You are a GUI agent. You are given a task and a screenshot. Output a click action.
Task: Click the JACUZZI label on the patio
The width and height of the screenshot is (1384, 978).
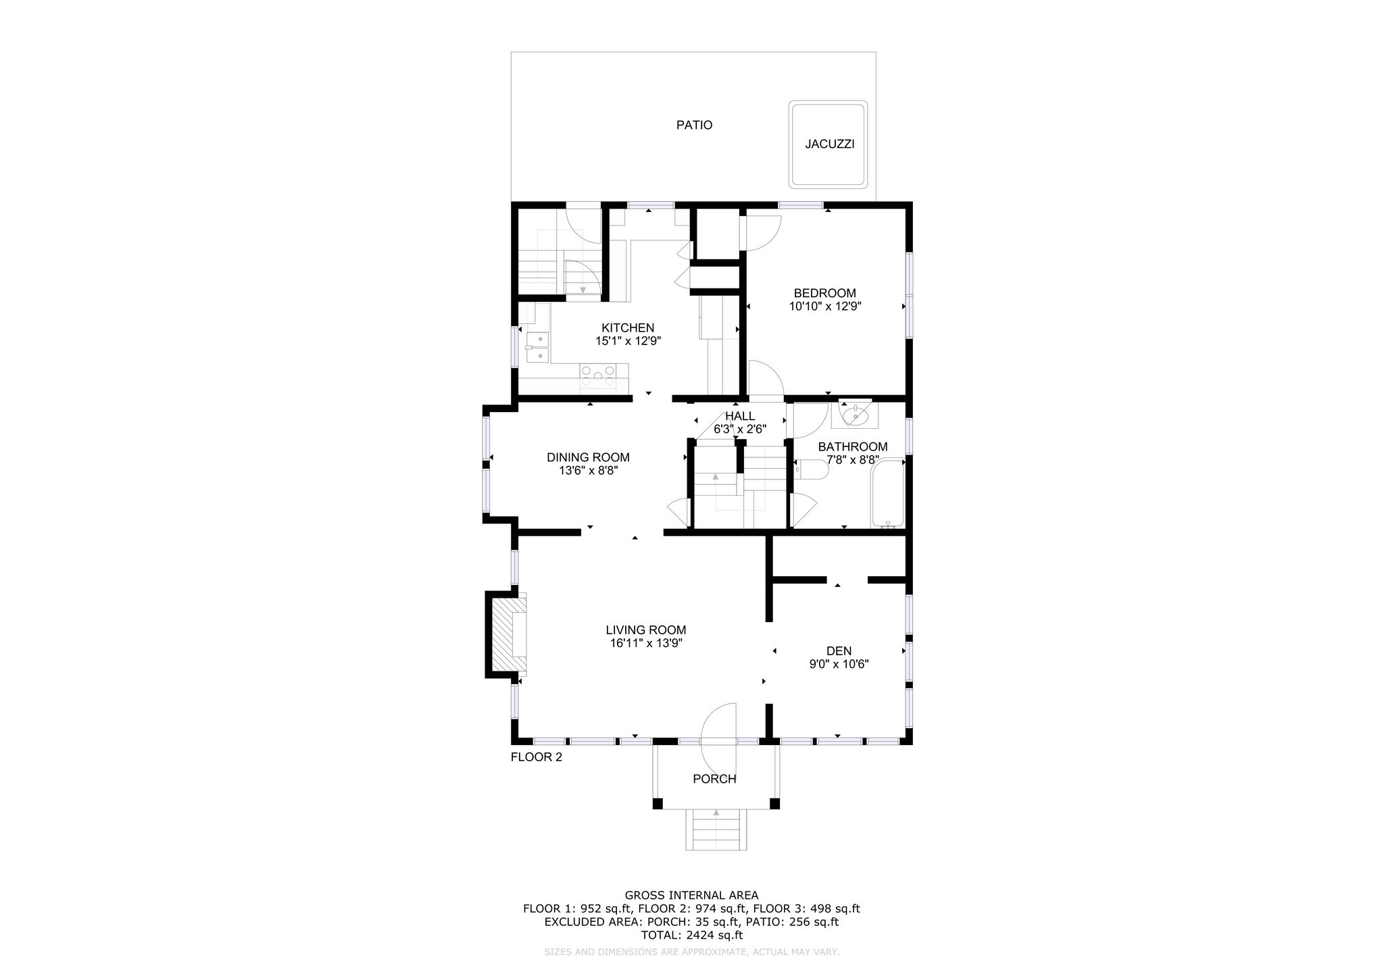[830, 144]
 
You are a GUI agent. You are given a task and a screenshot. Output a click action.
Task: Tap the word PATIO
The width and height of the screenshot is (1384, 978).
[694, 125]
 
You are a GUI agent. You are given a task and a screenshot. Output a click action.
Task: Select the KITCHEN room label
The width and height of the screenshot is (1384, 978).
[628, 328]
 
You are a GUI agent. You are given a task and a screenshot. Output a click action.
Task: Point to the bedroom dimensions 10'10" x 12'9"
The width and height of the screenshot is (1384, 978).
[824, 306]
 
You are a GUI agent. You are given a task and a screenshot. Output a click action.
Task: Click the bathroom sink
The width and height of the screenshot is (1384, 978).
[855, 415]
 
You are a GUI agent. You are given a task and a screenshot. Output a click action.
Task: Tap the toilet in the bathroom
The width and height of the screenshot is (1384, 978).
[812, 469]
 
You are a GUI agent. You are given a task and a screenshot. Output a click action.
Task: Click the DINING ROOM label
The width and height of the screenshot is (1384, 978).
[588, 457]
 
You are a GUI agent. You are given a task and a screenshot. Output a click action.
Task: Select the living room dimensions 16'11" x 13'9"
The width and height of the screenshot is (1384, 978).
[646, 643]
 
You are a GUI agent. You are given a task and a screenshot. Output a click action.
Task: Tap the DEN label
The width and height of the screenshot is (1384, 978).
[839, 651]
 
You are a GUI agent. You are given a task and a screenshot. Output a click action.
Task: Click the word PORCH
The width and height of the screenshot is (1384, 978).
[714, 779]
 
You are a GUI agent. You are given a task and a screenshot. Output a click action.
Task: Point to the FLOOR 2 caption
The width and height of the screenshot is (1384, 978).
[536, 757]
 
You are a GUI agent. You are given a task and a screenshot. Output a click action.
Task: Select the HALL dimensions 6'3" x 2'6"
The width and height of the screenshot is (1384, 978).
[740, 428]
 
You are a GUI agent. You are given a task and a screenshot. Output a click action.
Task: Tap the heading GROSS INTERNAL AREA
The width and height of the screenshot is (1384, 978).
[691, 896]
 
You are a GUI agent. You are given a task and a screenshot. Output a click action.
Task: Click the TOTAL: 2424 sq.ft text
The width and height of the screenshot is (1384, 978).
[691, 935]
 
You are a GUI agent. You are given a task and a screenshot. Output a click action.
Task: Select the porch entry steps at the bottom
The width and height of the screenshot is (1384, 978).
[716, 829]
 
